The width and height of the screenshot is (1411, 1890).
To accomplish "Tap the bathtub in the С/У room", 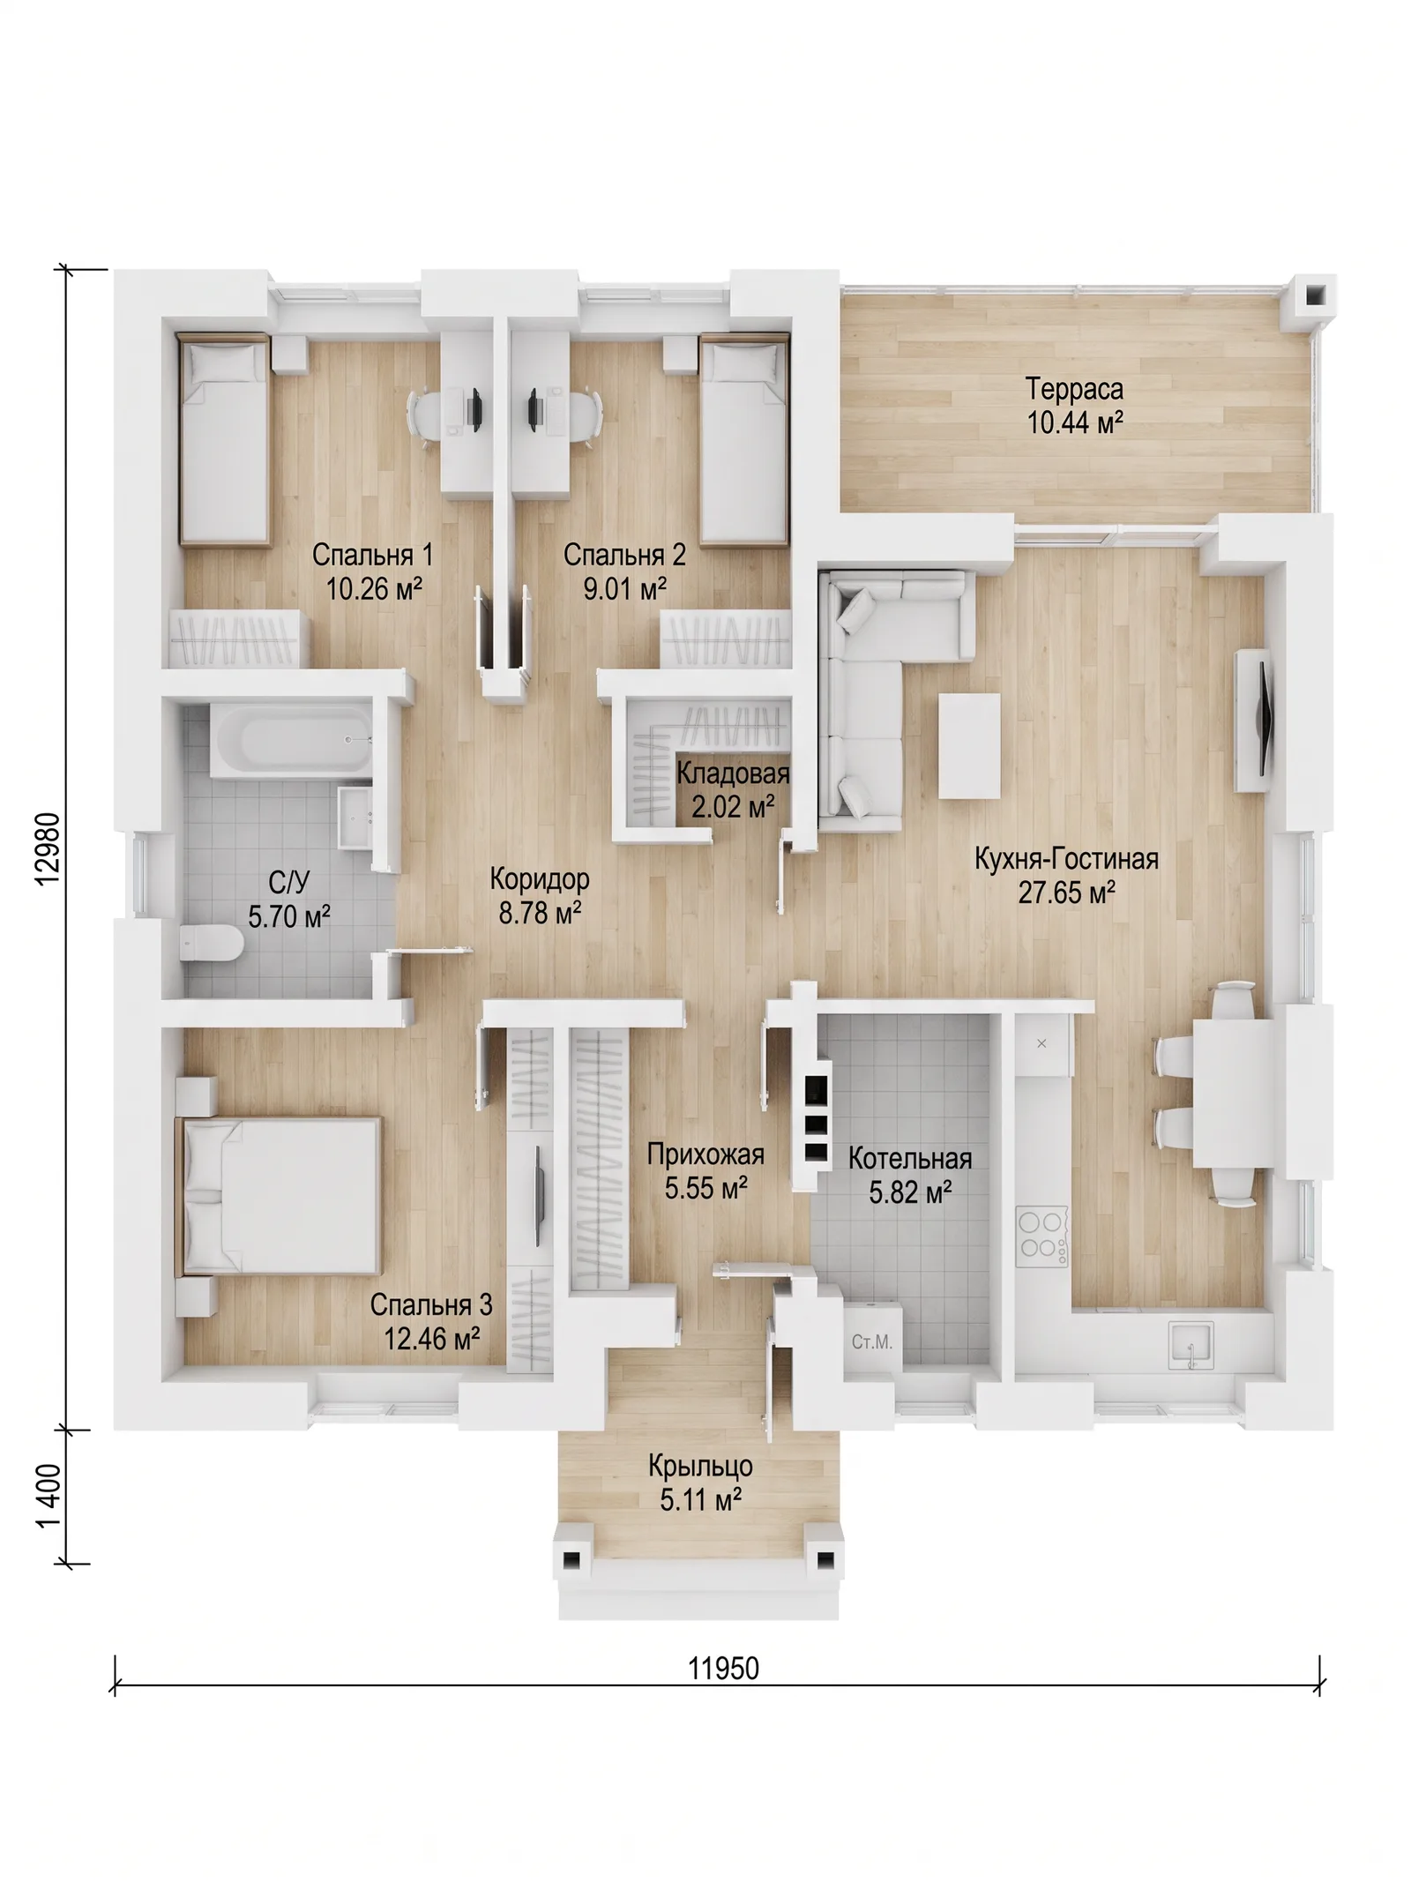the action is coord(291,740).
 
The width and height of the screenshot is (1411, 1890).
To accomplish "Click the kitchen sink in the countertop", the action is coord(1191,1347).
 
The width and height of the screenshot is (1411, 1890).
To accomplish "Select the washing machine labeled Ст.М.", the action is coord(871,1341).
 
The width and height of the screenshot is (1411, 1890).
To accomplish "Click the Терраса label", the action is coord(1074,389).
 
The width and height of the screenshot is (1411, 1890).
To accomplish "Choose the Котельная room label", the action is coord(910,1158).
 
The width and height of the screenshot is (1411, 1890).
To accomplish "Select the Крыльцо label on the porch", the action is coord(700,1466).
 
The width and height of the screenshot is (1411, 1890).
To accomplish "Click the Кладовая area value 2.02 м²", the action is coord(733,806).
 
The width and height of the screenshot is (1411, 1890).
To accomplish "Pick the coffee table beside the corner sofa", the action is coord(969,746).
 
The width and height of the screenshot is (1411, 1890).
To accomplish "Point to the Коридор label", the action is coord(540,878).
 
